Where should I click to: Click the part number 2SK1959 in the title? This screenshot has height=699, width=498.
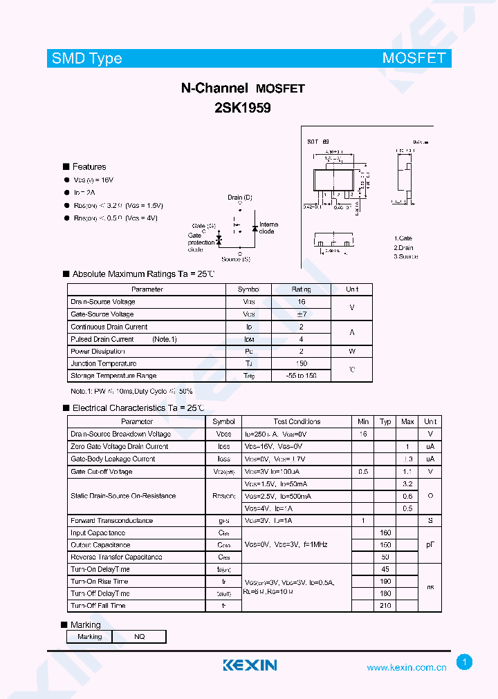(242, 108)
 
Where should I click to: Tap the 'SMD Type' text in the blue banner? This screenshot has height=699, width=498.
(87, 59)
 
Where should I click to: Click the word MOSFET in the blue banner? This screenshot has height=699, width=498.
(414, 59)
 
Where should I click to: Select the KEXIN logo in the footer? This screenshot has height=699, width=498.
(250, 665)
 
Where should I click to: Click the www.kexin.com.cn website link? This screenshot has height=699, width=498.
(406, 668)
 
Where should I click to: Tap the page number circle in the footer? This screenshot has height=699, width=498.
(465, 662)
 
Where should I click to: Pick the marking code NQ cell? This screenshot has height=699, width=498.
(140, 637)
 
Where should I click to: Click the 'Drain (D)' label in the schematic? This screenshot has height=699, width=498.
(240, 198)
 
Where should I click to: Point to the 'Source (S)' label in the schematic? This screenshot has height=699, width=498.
(236, 259)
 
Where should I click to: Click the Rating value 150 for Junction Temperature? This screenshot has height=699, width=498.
(301, 363)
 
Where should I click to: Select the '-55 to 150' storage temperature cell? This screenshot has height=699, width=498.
(301, 376)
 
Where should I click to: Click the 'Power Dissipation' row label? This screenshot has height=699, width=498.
(98, 351)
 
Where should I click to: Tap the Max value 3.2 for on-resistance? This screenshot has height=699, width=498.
(407, 484)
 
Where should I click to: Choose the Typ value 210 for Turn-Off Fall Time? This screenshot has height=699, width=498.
(385, 606)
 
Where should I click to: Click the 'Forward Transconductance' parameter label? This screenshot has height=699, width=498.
(111, 520)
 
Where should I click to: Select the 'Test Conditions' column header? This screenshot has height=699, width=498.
(297, 421)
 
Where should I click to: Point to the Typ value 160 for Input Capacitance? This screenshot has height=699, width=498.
(385, 533)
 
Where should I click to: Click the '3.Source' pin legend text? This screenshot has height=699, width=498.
(406, 256)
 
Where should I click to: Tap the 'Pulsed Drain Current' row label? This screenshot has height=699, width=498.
(102, 339)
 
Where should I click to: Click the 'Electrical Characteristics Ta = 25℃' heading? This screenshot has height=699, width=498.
(138, 408)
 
